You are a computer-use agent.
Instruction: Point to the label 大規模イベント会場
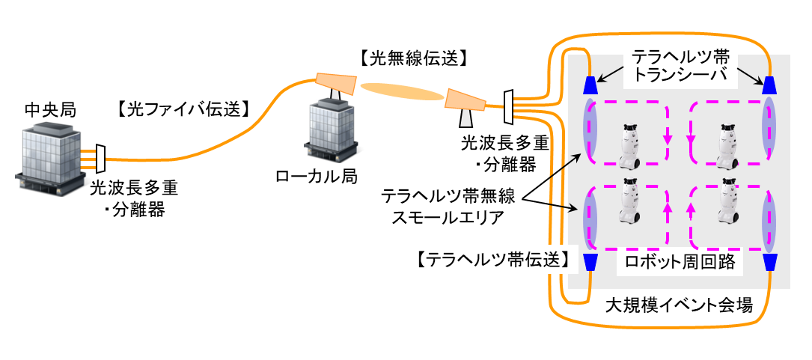pyautogui.click(x=678, y=306)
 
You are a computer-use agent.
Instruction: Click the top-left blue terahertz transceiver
pyautogui.click(x=590, y=82)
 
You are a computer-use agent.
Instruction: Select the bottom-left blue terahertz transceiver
pyautogui.click(x=590, y=261)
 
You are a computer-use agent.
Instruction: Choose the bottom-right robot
pyautogui.click(x=726, y=205)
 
